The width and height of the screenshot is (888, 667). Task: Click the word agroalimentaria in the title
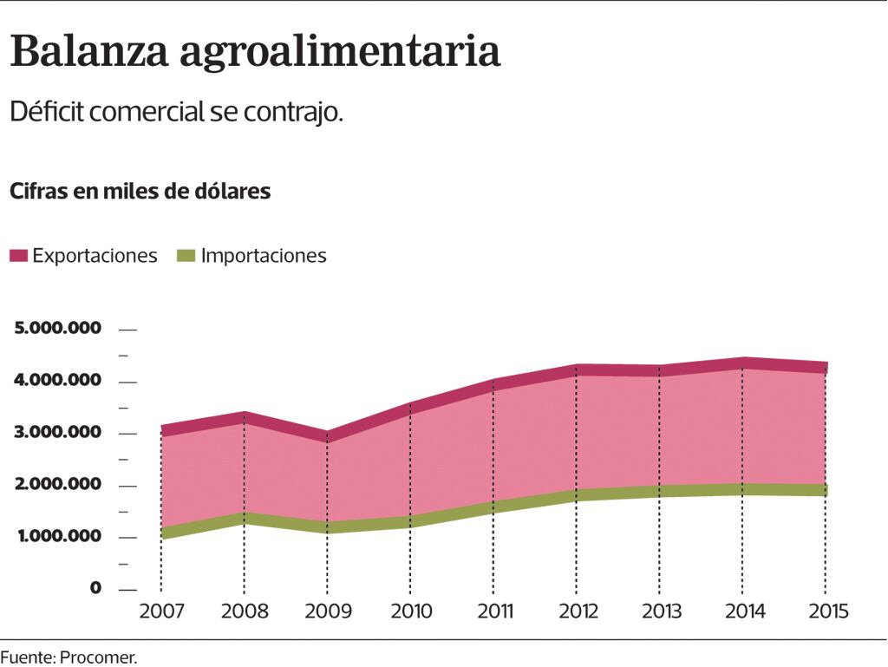[x=340, y=54]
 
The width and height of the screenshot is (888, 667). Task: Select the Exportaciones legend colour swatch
[x=19, y=256]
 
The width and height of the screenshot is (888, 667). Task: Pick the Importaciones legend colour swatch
[x=186, y=256]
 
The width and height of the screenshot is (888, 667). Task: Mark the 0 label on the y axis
[x=95, y=589]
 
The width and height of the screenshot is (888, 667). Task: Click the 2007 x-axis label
[x=161, y=611]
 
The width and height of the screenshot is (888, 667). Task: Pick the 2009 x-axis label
[x=328, y=611]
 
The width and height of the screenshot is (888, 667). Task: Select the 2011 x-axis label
[x=494, y=611]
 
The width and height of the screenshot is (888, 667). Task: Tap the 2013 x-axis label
[x=661, y=611]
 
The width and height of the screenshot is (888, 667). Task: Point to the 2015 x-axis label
[x=827, y=611]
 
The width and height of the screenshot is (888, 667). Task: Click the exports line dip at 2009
[x=328, y=436]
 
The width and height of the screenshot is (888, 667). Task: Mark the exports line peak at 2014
[x=744, y=363]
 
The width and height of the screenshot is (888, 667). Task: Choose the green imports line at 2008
[x=245, y=519]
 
